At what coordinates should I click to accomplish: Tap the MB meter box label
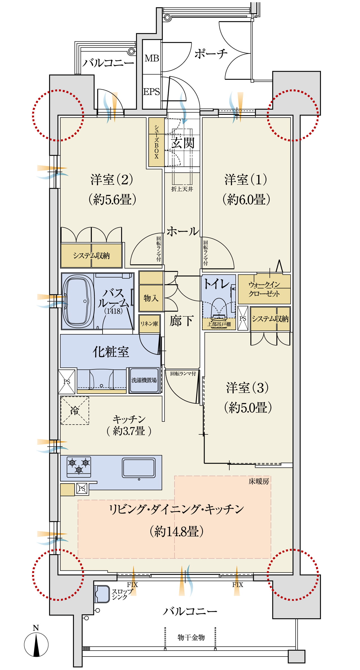152,58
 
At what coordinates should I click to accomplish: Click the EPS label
151,92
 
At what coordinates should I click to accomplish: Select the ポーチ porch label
210,53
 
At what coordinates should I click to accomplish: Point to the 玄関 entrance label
183,143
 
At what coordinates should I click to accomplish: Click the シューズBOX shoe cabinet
157,142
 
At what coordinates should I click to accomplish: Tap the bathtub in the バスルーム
78,301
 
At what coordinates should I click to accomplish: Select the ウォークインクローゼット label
264,289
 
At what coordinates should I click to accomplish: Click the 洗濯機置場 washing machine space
144,380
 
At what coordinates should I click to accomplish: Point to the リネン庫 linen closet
149,324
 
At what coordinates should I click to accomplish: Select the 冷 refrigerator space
75,410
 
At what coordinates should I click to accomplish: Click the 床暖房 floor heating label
259,481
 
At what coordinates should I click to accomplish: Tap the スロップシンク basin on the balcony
102,594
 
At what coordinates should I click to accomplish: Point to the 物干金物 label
191,637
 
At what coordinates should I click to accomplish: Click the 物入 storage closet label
151,298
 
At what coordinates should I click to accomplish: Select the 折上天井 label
182,189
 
